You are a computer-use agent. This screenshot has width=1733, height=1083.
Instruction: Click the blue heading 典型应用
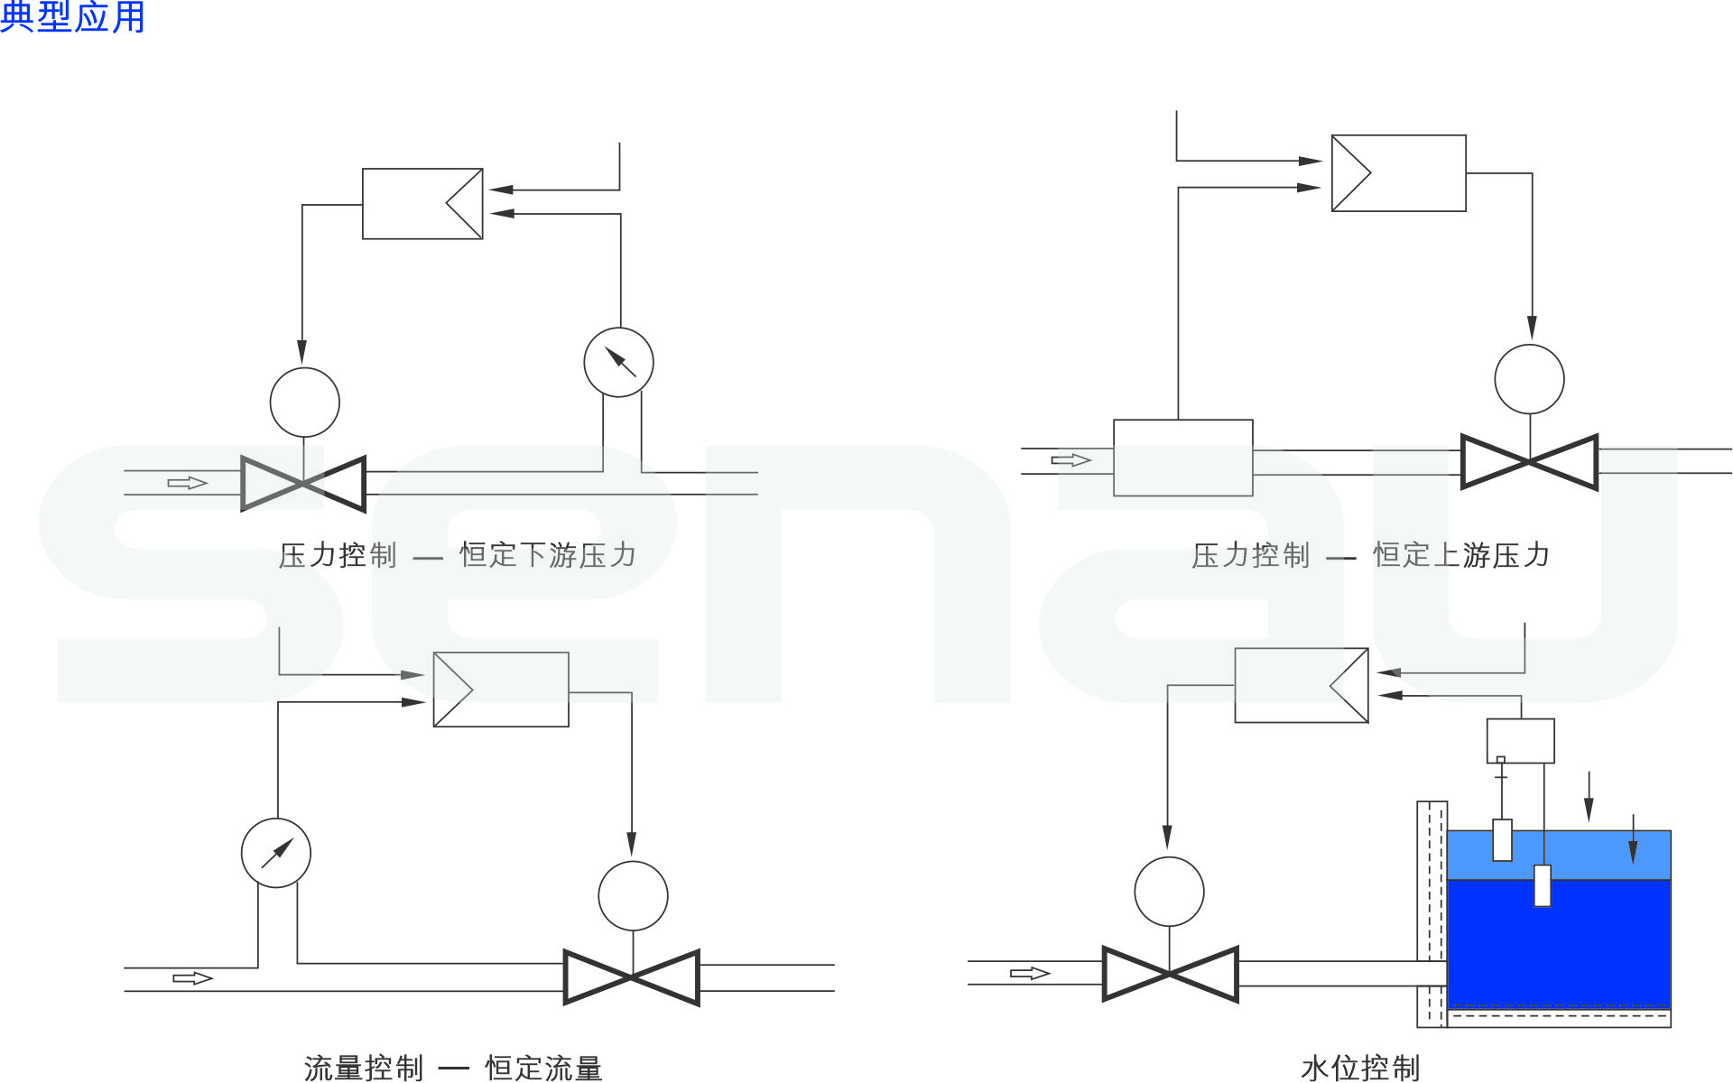(x=72, y=17)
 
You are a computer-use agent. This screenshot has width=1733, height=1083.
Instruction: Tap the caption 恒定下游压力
(x=548, y=555)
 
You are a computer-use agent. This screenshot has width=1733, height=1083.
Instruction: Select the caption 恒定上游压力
(x=1461, y=555)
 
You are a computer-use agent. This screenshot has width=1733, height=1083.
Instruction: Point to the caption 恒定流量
(x=543, y=1068)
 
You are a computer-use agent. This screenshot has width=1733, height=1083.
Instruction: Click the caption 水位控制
(x=1360, y=1068)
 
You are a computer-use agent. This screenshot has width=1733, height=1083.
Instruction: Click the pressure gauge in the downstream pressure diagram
(x=618, y=362)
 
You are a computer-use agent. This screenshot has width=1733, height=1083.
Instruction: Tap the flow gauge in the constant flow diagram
(x=276, y=853)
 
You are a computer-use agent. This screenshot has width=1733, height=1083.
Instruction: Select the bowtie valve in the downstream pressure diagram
(x=303, y=484)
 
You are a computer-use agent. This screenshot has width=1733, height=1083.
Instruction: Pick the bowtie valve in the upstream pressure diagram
(x=1529, y=462)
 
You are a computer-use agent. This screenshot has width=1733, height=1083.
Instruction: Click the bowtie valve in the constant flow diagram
(x=632, y=977)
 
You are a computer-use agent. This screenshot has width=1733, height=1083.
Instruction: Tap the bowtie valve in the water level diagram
(x=1170, y=974)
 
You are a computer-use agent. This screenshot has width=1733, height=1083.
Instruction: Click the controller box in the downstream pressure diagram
(x=422, y=204)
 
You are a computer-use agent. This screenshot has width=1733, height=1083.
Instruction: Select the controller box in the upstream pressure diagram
(x=1398, y=173)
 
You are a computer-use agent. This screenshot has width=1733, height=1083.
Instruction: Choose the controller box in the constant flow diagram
(x=501, y=690)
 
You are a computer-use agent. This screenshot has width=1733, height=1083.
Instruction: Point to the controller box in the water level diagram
(x=1301, y=685)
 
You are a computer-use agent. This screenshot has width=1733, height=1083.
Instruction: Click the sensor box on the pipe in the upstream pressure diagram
(x=1182, y=458)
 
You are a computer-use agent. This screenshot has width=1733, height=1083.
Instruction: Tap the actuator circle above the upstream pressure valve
(x=1529, y=379)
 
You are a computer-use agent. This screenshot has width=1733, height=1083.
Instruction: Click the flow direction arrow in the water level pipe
(x=1029, y=973)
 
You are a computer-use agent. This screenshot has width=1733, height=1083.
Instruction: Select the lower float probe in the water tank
(x=1543, y=885)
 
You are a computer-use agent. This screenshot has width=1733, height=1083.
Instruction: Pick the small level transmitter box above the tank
(x=1520, y=741)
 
